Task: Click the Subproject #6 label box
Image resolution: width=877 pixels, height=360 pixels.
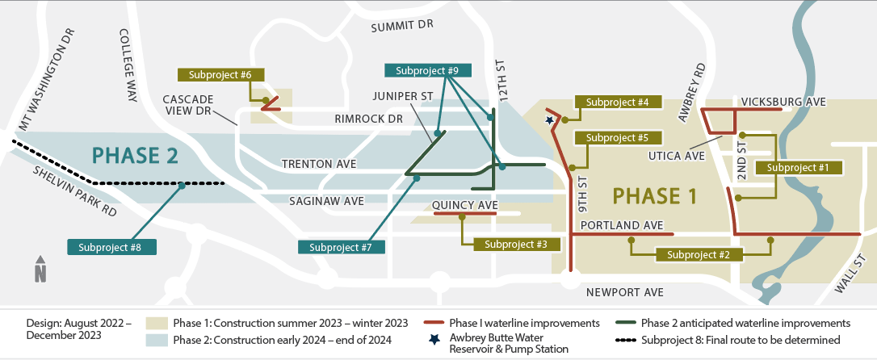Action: pyautogui.click(x=220, y=74)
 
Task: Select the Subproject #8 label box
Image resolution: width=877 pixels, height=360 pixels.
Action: pyautogui.click(x=111, y=247)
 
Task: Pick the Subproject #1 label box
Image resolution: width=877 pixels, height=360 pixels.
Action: pyautogui.click(x=798, y=167)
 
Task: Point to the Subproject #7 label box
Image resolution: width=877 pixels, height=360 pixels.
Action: pyautogui.click(x=341, y=247)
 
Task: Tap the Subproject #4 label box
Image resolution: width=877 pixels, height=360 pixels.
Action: pyautogui.click(x=618, y=102)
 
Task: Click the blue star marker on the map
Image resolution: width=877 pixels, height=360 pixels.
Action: pyautogui.click(x=550, y=120)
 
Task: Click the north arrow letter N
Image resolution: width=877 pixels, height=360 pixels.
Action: pyautogui.click(x=40, y=274)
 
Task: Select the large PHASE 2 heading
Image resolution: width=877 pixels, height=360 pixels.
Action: pyautogui.click(x=134, y=154)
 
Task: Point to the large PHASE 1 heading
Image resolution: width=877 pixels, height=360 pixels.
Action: pyautogui.click(x=654, y=196)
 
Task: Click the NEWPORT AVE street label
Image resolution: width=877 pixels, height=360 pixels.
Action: pyautogui.click(x=625, y=291)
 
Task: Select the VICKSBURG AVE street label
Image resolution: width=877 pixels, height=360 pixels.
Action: pyautogui.click(x=783, y=103)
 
